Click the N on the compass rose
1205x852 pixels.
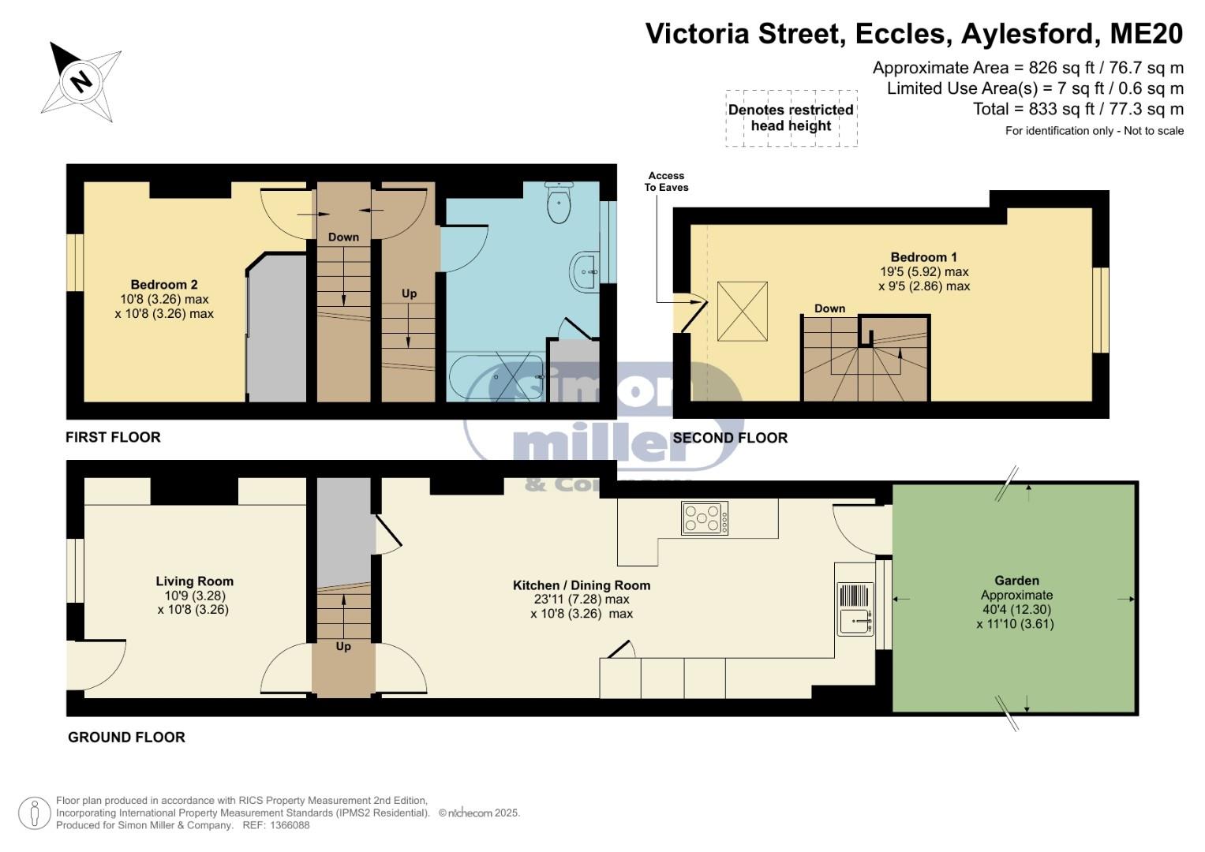click(81, 82)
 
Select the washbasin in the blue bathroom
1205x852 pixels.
click(585, 271)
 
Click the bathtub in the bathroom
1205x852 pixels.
click(496, 376)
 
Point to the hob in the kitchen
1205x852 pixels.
click(704, 518)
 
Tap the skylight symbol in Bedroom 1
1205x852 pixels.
click(743, 312)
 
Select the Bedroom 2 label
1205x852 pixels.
click(164, 285)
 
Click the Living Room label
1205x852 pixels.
click(195, 581)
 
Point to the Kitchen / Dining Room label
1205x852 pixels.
click(582, 585)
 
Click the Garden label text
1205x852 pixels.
click(1016, 581)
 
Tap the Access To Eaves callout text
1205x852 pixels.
click(667, 181)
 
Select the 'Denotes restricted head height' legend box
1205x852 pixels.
click(791, 118)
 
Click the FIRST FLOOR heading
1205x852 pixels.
click(113, 437)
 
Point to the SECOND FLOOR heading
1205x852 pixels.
click(730, 437)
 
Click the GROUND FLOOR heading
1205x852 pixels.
click(126, 737)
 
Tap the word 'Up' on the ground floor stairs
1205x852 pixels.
click(343, 646)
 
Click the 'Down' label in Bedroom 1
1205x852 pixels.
click(829, 308)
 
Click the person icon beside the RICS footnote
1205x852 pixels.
click(35, 813)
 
